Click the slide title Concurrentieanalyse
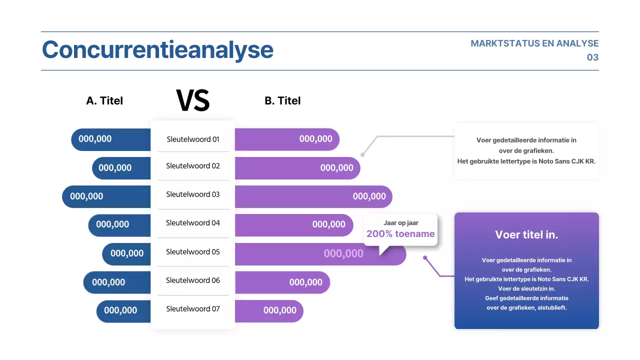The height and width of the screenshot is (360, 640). tap(157, 50)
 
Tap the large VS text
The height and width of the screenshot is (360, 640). tap(193, 100)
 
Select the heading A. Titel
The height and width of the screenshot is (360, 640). tap(104, 100)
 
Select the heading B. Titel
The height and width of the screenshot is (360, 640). tap(282, 100)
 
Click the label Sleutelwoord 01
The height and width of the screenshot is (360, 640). tap(193, 139)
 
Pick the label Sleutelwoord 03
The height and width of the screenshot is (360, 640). tap(193, 194)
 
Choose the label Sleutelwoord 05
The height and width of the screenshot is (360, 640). tap(193, 252)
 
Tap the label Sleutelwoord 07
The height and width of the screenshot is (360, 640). tap(193, 309)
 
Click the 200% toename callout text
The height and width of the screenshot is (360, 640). tap(400, 233)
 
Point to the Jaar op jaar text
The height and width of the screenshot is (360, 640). tap(400, 223)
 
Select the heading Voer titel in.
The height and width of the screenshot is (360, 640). tap(526, 235)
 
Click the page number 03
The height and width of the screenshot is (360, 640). tap(592, 57)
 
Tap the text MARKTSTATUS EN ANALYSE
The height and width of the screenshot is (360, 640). tap(534, 43)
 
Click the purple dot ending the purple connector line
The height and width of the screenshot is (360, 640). tap(425, 258)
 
